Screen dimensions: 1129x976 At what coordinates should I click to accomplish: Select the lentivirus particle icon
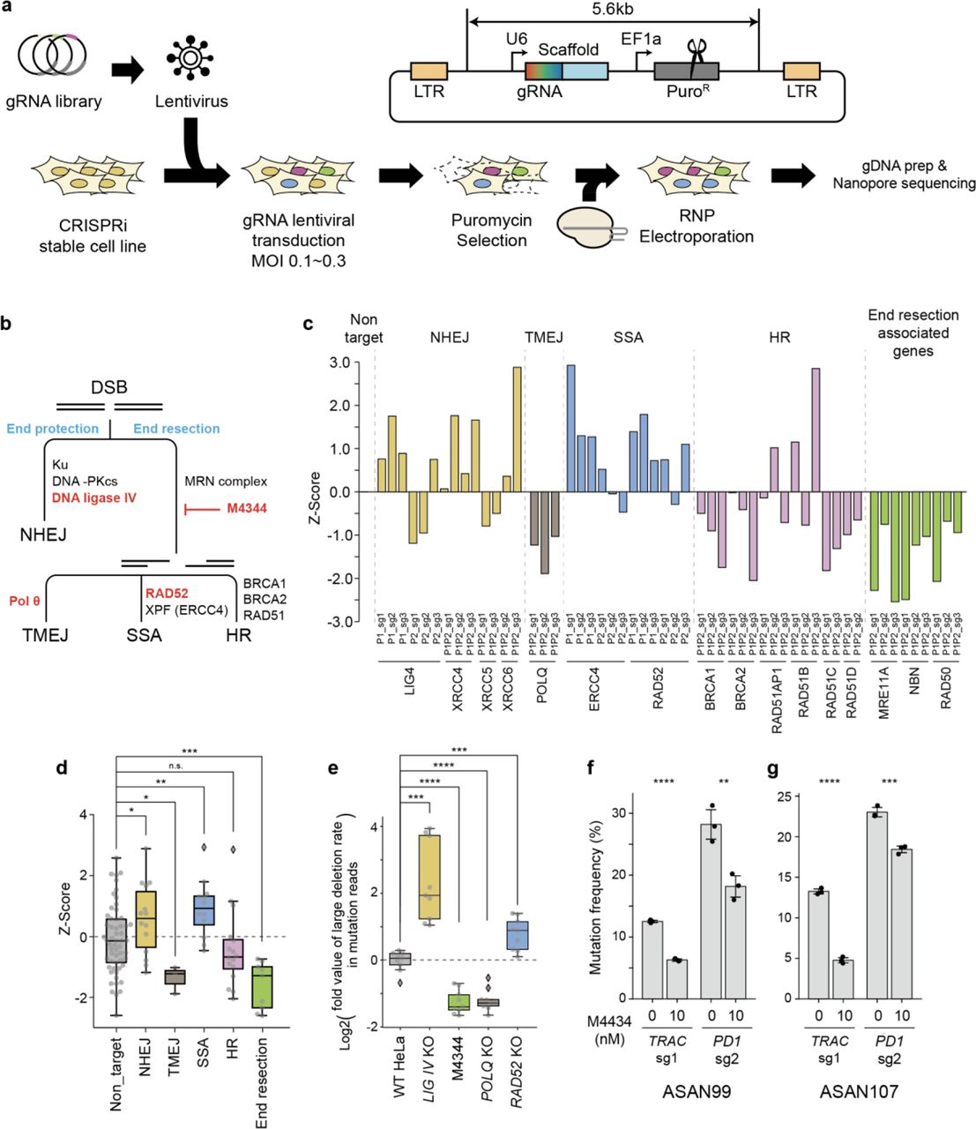pyautogui.click(x=187, y=60)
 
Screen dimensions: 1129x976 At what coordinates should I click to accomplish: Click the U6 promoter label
pyautogui.click(x=518, y=39)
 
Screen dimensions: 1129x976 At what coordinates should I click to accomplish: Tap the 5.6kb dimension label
pyautogui.click(x=613, y=10)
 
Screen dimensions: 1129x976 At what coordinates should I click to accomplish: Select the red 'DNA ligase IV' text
pyautogui.click(x=94, y=498)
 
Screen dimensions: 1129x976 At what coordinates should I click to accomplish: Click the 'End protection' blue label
pyautogui.click(x=53, y=429)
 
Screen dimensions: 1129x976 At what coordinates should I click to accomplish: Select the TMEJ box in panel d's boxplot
pyautogui.click(x=175, y=976)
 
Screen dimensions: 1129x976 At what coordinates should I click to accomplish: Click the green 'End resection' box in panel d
pyautogui.click(x=262, y=987)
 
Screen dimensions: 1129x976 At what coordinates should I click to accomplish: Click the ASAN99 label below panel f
pyautogui.click(x=697, y=1091)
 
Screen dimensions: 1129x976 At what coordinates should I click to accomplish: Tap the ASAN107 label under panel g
pyautogui.click(x=859, y=1091)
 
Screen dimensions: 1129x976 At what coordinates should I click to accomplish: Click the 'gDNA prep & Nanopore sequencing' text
pyautogui.click(x=904, y=175)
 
